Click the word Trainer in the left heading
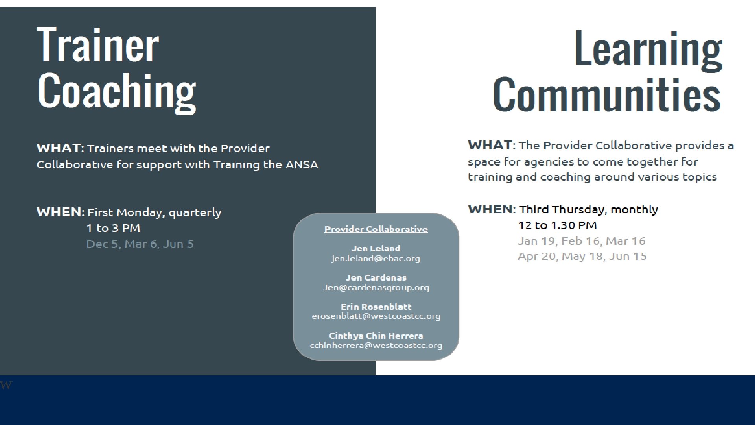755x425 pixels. (x=98, y=45)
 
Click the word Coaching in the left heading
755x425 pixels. (x=117, y=92)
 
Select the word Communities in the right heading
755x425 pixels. (x=606, y=95)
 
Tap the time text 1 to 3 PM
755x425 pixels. (x=113, y=228)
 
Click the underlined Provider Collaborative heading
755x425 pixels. (x=376, y=229)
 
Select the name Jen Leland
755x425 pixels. (x=376, y=248)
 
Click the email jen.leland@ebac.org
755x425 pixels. (x=376, y=259)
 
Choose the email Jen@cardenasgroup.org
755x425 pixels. (x=376, y=288)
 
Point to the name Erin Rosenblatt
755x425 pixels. (x=376, y=307)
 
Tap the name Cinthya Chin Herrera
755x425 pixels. (x=376, y=336)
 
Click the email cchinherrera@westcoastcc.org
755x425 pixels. (x=376, y=346)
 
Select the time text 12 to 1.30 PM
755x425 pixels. (x=557, y=225)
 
